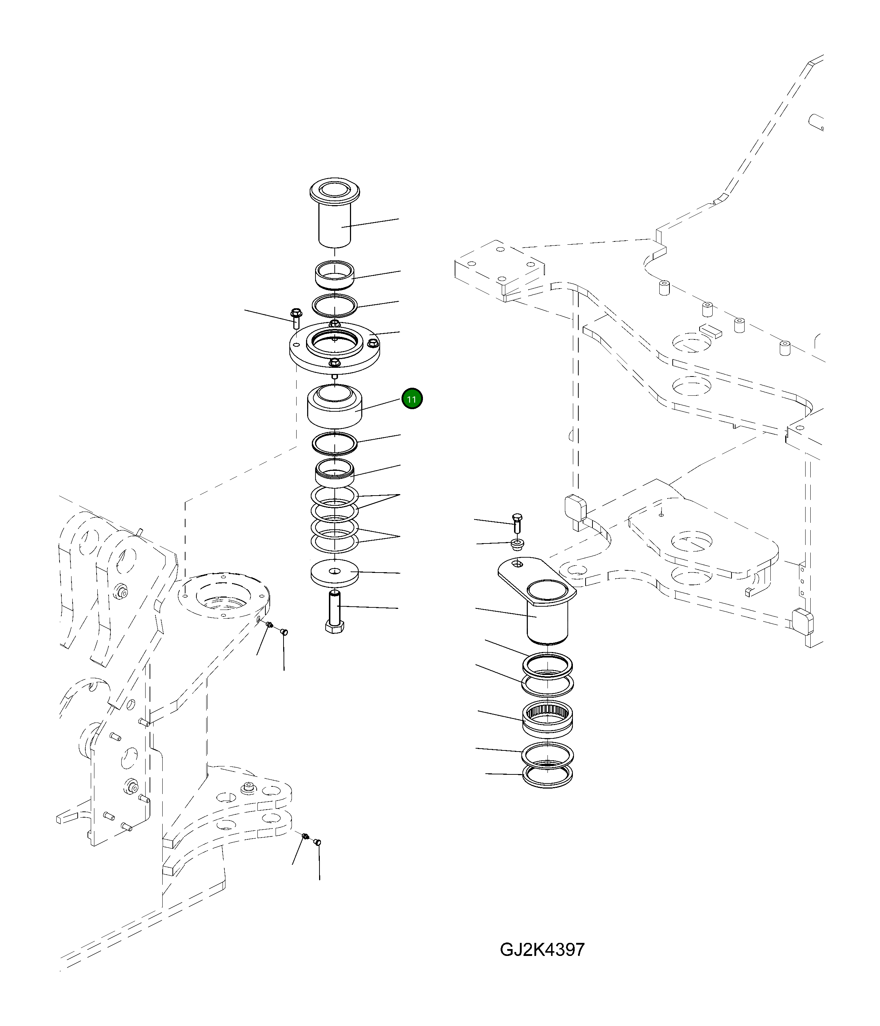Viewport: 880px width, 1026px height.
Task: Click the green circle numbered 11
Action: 412,399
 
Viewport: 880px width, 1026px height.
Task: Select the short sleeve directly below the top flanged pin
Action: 334,274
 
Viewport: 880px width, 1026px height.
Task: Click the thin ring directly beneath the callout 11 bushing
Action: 334,443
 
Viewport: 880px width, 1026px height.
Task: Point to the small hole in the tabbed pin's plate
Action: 517,563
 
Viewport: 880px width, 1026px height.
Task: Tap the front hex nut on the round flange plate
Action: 335,362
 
